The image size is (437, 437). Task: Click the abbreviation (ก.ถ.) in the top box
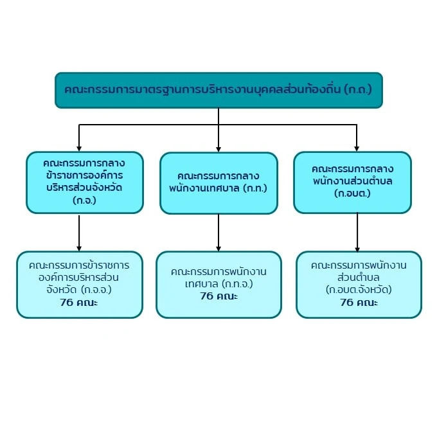click(358, 90)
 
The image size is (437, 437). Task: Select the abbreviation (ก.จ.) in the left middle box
click(84, 201)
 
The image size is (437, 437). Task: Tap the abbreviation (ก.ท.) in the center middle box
click(255, 188)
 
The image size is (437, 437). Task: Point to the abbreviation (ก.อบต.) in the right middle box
click(353, 193)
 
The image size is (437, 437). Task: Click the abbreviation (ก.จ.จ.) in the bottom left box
click(96, 290)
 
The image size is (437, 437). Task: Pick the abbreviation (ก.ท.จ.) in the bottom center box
click(237, 284)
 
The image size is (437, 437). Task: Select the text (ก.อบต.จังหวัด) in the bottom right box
click(359, 290)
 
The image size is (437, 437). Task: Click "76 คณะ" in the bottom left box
click(79, 303)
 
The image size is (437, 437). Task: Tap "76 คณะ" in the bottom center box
click(219, 296)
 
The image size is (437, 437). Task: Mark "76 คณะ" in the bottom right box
click(359, 303)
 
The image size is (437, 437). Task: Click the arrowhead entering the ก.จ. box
click(79, 148)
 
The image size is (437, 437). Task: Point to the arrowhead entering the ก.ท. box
click(219, 149)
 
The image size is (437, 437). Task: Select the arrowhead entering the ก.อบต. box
click(357, 148)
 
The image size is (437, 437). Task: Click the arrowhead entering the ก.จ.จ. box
click(79, 248)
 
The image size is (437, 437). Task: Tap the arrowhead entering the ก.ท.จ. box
click(219, 248)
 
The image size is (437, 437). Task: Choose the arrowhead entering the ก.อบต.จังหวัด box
click(357, 249)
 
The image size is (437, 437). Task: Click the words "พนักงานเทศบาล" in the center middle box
click(204, 188)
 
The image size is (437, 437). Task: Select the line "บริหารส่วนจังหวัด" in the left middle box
click(84, 187)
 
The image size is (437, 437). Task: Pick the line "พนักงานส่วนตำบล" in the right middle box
click(353, 181)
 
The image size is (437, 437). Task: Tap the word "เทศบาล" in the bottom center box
click(202, 284)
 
